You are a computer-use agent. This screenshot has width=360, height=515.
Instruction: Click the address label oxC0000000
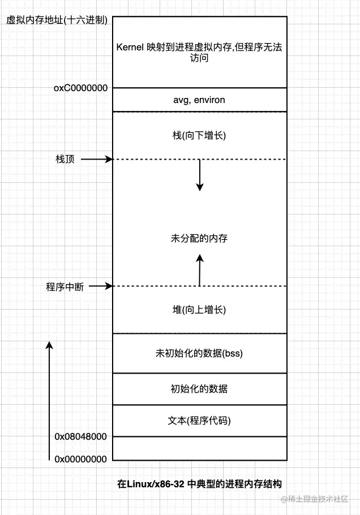pos(80,88)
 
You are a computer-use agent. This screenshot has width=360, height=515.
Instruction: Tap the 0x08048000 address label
pos(80,437)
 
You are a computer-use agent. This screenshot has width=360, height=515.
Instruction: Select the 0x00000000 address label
pos(80,459)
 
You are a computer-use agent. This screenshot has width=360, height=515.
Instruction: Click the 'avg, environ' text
pos(199,100)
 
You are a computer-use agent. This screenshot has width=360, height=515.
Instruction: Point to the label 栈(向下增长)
pos(199,136)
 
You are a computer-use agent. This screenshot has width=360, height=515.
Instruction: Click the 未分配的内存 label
pos(199,239)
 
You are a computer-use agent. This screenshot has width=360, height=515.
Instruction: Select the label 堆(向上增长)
pos(199,310)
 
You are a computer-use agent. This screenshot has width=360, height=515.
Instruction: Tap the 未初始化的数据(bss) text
pos(199,354)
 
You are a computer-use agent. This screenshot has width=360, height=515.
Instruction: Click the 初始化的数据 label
pos(199,389)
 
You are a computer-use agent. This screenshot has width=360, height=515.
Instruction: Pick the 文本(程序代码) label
pos(199,421)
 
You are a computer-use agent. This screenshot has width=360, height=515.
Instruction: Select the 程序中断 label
pos(65,287)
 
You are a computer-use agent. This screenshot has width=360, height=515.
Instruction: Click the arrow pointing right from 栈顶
pos(97,160)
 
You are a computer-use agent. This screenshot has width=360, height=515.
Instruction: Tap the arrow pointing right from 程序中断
pos(101,286)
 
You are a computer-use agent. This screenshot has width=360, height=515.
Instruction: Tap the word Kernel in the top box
pos(130,48)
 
